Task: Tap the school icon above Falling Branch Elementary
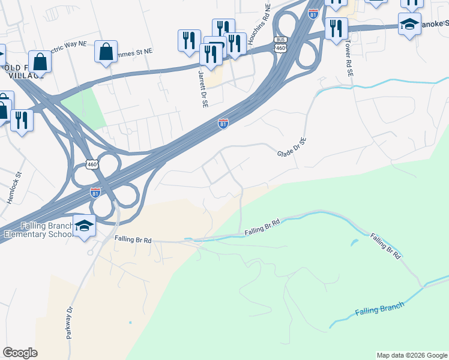point(84,226)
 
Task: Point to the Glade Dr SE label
point(292,148)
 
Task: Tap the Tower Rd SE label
point(348,59)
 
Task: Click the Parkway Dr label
point(70,323)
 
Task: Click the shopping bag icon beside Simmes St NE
point(106,52)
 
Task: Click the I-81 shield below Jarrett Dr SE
point(223,123)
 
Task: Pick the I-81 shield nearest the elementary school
point(95,193)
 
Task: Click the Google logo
point(19,353)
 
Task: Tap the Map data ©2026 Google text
point(412,355)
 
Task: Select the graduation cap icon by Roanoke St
point(409,24)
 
